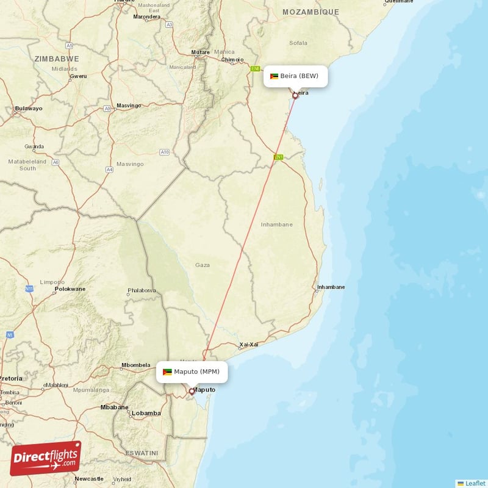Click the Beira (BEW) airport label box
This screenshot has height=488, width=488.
tap(296, 76)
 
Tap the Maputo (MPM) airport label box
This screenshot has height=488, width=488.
tap(192, 371)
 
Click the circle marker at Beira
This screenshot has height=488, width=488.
tap(295, 95)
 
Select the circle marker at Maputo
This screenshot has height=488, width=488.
tap(192, 391)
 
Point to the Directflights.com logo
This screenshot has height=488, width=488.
tap(46, 458)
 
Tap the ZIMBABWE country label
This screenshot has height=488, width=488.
tap(57, 59)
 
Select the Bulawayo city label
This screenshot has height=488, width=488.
tap(29, 109)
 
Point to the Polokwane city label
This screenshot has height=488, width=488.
tap(70, 289)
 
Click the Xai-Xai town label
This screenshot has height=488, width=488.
tap(249, 345)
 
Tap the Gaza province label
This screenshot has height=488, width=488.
tap(202, 265)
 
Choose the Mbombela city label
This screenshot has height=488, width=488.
tap(135, 365)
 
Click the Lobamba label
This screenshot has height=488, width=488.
tap(146, 413)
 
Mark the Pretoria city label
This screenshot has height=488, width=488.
tap(11, 378)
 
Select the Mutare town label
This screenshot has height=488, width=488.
tap(200, 52)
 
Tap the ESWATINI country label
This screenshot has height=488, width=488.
tap(140, 453)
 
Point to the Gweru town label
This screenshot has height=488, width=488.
tap(79, 76)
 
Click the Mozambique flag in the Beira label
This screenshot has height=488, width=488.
tap(274, 76)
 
